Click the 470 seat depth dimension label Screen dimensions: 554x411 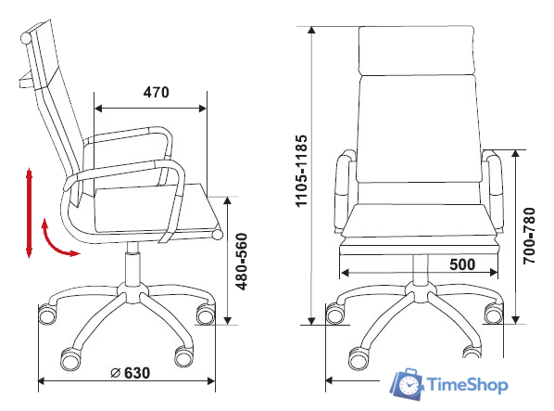point(157,93)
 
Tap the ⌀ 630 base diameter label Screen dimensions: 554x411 point(130,373)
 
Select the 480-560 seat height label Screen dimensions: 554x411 point(242,261)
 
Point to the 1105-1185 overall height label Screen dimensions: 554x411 point(301,171)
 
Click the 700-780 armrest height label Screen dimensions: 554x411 point(529,236)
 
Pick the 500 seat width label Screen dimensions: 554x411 point(462,264)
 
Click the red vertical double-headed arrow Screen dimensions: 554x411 point(29,213)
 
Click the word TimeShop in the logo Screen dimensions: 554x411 point(468,384)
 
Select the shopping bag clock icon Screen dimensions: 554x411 point(407,384)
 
